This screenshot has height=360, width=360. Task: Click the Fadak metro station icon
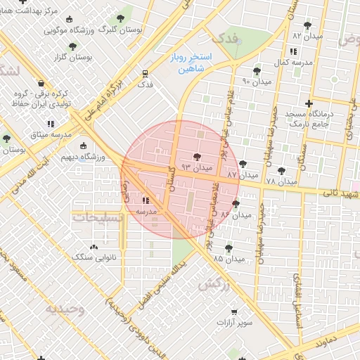pyautogui.click(x=145, y=72)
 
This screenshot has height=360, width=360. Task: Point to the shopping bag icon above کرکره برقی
pyautogui.click(x=41, y=82)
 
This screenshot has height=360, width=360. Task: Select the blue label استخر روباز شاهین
pyautogui.click(x=186, y=64)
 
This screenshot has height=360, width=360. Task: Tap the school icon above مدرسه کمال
pyautogui.click(x=292, y=52)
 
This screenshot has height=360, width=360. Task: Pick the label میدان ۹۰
pyautogui.click(x=257, y=82)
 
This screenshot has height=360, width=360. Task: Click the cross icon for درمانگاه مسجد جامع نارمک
pyautogui.click(x=309, y=103)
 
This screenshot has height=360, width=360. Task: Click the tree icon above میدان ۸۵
pyautogui.click(x=229, y=247)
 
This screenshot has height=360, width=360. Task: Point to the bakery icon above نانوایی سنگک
pyautogui.click(x=94, y=247)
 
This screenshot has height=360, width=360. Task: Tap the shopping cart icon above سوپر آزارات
pyautogui.click(x=234, y=311)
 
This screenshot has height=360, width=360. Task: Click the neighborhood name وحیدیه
pyautogui.click(x=65, y=309)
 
